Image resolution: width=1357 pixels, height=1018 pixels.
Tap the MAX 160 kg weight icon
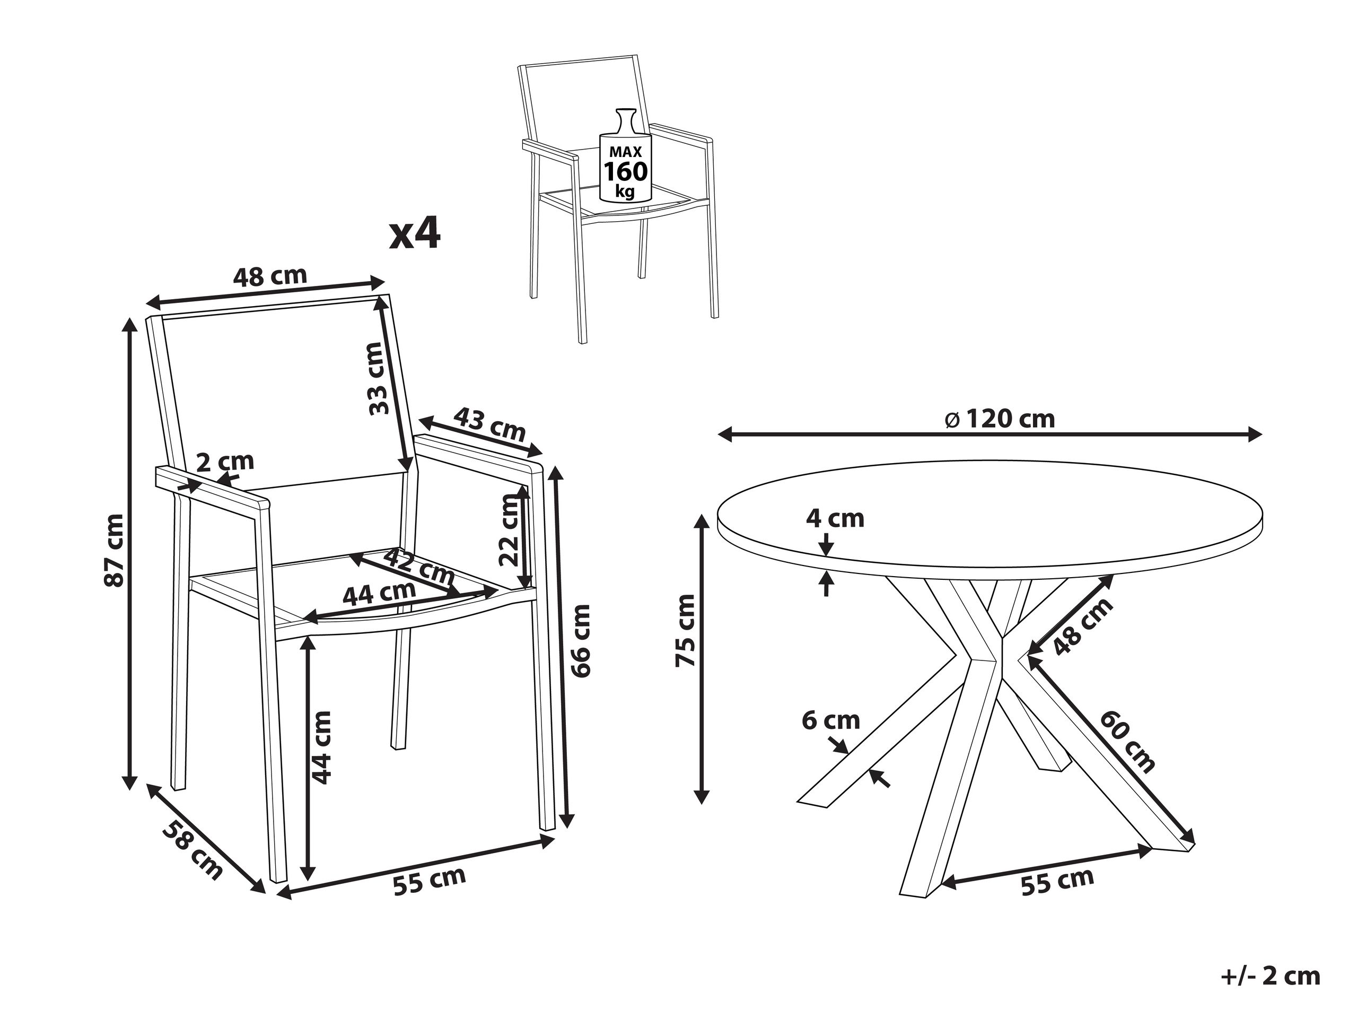(x=625, y=156)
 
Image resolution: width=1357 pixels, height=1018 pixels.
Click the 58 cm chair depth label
(x=192, y=849)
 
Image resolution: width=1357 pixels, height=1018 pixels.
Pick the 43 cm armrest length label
(x=489, y=423)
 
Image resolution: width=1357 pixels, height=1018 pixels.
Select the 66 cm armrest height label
(x=579, y=640)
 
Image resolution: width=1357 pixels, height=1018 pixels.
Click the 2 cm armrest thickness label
(x=224, y=461)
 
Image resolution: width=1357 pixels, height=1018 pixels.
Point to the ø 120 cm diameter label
(x=1000, y=419)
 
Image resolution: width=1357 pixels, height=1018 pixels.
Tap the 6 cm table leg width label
(x=830, y=720)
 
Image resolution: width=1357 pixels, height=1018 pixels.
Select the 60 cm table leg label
(x=1127, y=741)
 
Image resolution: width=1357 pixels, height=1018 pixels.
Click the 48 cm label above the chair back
(x=270, y=276)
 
